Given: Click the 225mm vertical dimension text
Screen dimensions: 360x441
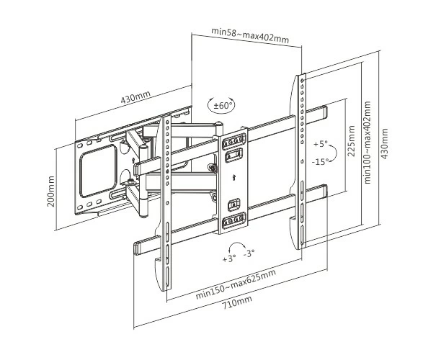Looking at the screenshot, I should (x=351, y=140).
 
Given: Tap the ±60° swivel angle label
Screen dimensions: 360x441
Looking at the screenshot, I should (x=222, y=106).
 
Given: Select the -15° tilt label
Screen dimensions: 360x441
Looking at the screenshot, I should (x=320, y=161).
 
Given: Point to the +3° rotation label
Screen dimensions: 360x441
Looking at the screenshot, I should (x=229, y=258).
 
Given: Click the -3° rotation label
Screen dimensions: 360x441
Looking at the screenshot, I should (x=249, y=253).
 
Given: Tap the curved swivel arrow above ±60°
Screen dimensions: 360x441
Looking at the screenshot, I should (x=222, y=96).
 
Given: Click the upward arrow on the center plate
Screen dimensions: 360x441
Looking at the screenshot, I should (x=233, y=177).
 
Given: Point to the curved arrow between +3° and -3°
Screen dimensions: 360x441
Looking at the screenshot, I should (x=239, y=247).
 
